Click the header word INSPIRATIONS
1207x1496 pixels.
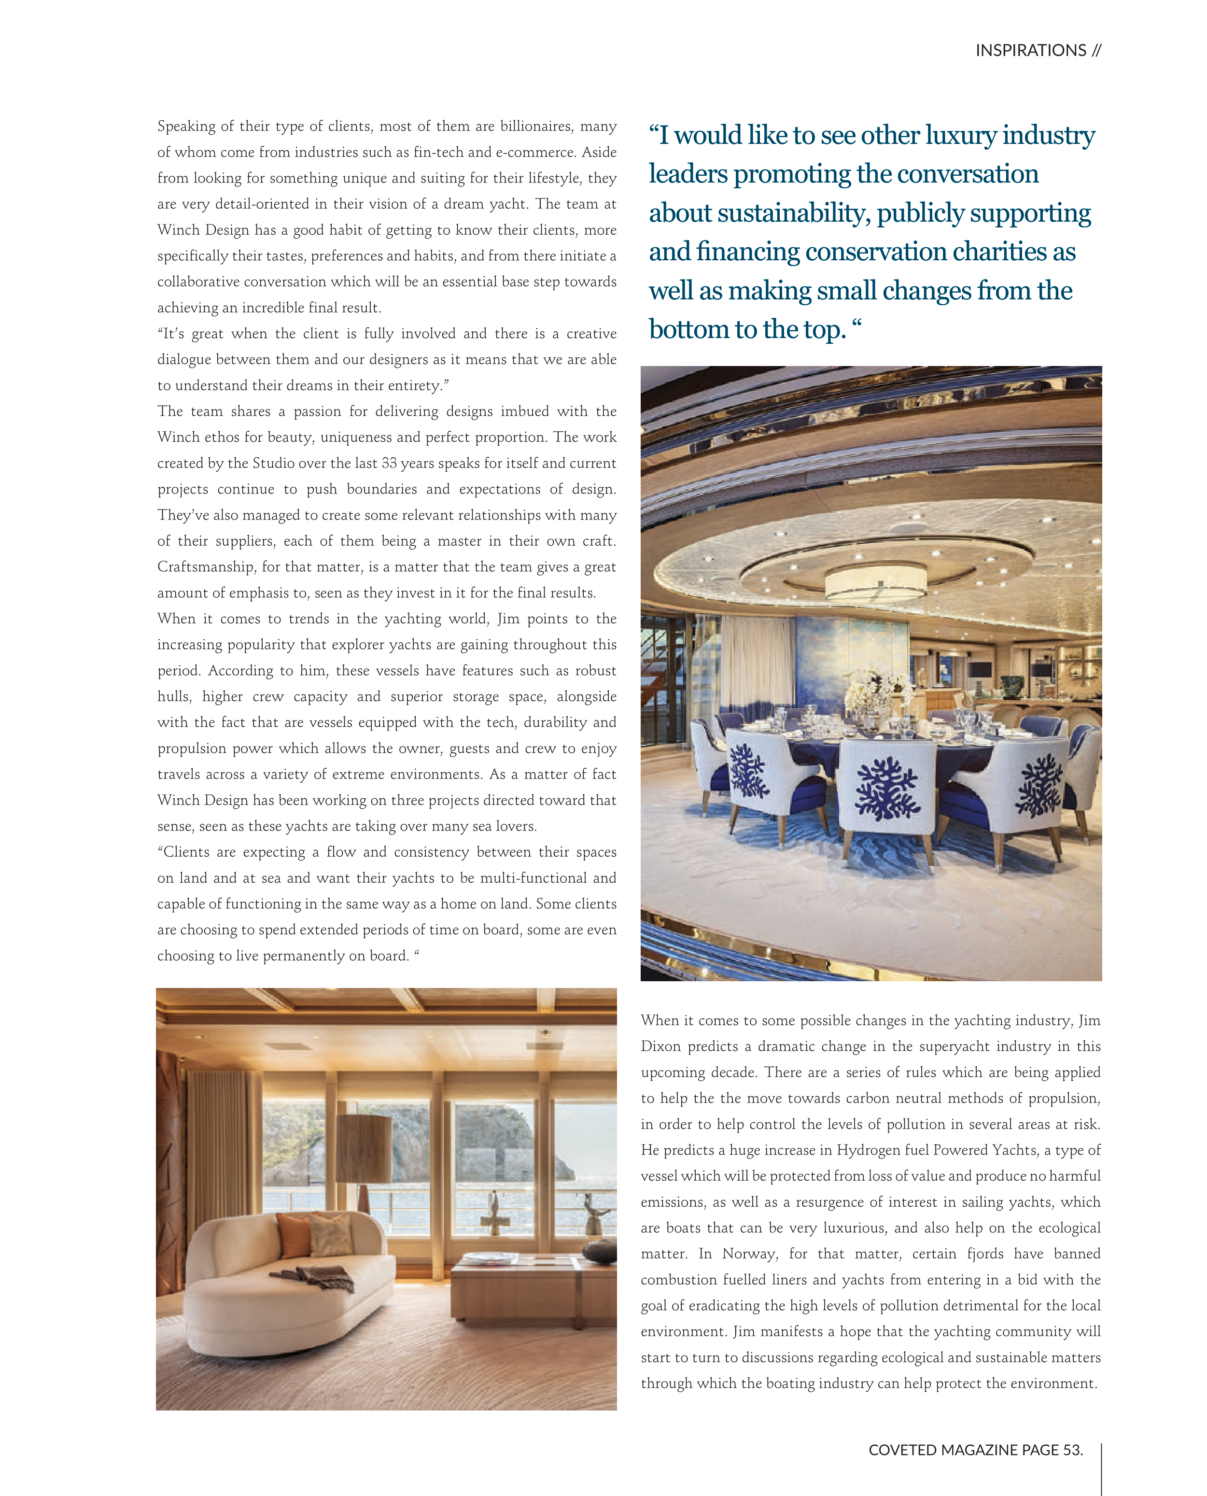tap(1030, 51)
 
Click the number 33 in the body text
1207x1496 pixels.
tap(389, 463)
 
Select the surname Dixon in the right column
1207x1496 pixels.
tap(660, 1047)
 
